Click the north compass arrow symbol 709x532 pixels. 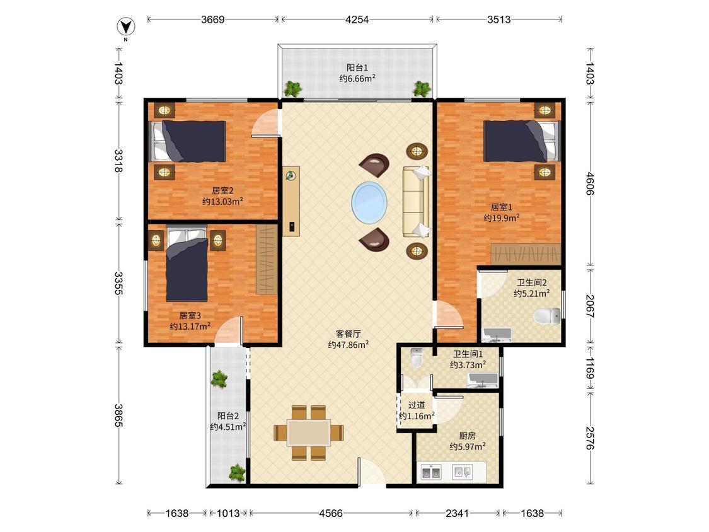coord(126,27)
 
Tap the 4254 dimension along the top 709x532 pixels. coord(357,20)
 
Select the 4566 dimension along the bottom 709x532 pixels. coord(331,513)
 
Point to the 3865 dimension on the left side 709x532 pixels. coord(118,415)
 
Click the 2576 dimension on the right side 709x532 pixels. coord(590,438)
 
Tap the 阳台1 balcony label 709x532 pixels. coord(357,68)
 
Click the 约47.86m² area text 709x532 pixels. coord(348,345)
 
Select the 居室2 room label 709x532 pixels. coord(222,191)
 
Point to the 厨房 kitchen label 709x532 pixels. coord(467,436)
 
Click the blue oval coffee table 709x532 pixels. coord(369,203)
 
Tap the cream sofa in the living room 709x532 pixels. coord(416,202)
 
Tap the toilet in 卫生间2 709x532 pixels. coord(547,316)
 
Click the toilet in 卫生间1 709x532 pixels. coord(416,357)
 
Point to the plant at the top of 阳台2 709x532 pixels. coord(219,379)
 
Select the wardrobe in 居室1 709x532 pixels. coord(526,254)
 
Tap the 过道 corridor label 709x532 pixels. coord(417,405)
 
